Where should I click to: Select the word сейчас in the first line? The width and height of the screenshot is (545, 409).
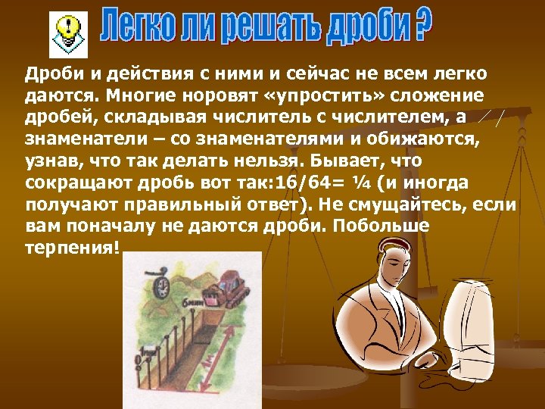(x=298, y=73)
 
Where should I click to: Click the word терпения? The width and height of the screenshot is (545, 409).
(x=72, y=249)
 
